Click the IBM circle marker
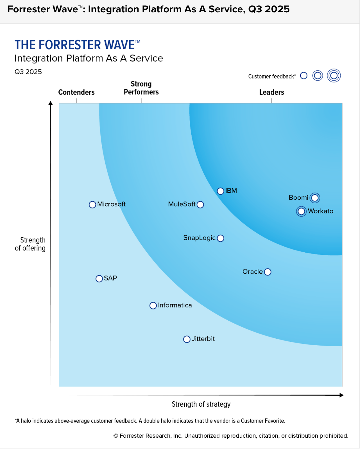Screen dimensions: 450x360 tap(221, 191)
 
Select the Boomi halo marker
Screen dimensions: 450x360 tap(315, 198)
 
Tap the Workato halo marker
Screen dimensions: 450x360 tap(301, 211)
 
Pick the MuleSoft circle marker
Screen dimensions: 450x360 tap(200, 205)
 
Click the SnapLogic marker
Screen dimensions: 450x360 tap(221, 238)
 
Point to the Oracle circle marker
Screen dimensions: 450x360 tap(268, 272)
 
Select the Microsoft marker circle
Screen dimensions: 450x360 tap(92, 205)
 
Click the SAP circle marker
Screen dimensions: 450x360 tap(99, 279)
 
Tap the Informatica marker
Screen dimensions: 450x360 tap(153, 306)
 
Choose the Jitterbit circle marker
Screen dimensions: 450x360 tap(187, 339)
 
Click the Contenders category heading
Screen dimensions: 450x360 tap(76, 92)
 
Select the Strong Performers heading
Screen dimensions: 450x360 tap(141, 88)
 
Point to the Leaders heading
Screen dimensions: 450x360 tap(271, 92)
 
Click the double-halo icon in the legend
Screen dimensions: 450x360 tap(334, 76)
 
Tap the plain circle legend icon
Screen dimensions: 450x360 tap(304, 76)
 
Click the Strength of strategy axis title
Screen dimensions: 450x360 tap(201, 404)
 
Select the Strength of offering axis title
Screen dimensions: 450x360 tap(30, 244)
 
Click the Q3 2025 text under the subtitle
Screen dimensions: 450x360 tap(28, 72)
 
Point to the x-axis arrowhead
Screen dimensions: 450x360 tap(341, 395)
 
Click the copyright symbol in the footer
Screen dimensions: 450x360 tap(116, 436)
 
